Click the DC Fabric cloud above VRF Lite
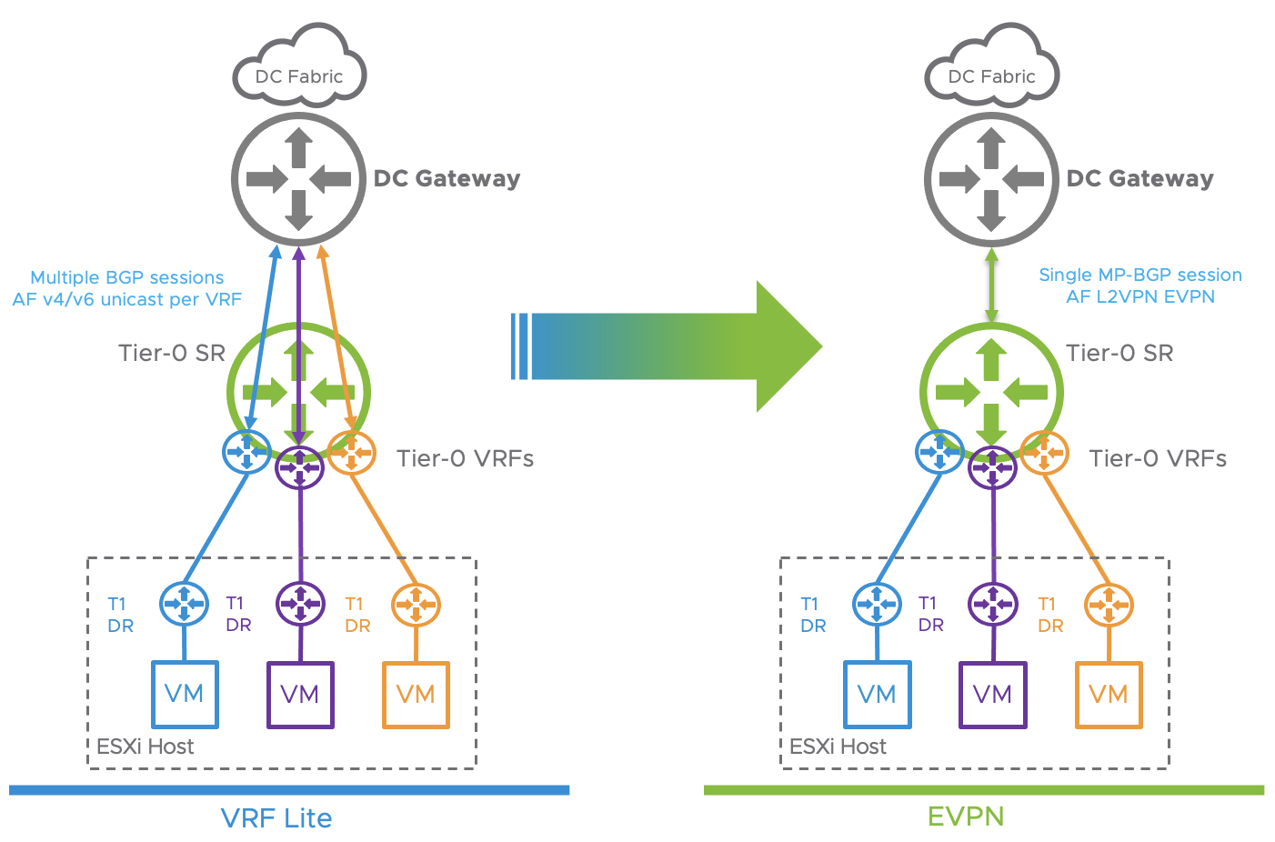299,72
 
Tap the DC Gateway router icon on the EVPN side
991,179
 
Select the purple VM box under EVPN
992,695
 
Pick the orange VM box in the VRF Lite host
416,695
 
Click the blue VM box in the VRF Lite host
185,695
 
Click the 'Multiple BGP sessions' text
126,277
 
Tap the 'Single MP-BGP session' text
1140,275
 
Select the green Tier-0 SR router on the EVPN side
991,393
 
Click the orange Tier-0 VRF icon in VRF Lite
351,452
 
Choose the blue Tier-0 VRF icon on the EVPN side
940,452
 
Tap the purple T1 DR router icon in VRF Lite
300,604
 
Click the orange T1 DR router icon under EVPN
1109,605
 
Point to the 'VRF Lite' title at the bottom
276,817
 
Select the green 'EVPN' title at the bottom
966,816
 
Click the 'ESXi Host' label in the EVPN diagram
838,747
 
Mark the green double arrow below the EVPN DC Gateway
991,285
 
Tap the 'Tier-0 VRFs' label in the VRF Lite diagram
465,458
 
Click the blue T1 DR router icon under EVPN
877,605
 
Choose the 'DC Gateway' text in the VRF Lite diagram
447,178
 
